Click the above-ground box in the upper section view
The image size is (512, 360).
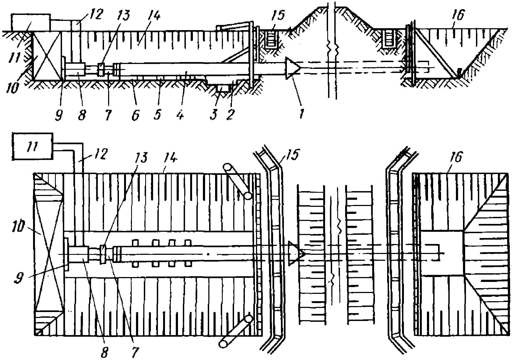[31, 23]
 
